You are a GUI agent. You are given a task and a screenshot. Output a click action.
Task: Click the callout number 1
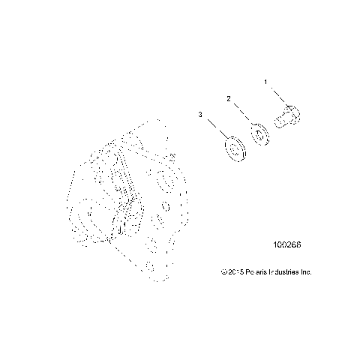click(264, 80)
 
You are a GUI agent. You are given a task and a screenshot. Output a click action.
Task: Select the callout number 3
click(200, 114)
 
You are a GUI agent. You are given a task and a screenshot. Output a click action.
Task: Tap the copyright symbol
click(223, 271)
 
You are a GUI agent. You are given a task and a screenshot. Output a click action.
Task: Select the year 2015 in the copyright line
click(235, 271)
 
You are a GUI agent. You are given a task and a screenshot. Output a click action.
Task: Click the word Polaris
click(256, 271)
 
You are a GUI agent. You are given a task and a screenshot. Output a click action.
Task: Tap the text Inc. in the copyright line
click(306, 271)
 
